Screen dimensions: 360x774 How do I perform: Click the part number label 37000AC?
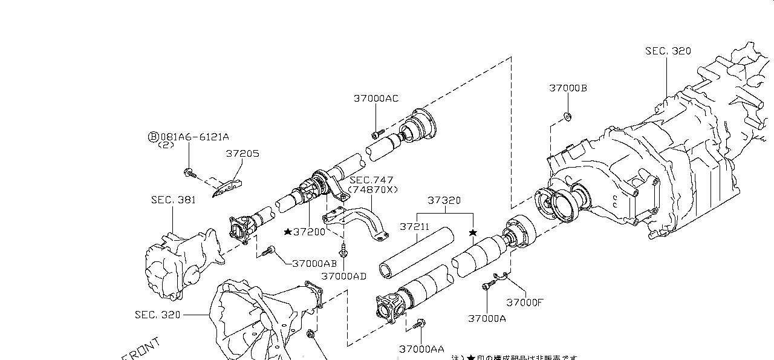[376, 99]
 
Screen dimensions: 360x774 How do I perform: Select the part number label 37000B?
[568, 88]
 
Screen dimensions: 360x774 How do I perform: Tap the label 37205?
[242, 154]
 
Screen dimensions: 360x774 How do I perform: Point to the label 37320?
[444, 200]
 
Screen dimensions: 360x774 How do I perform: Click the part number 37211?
[414, 227]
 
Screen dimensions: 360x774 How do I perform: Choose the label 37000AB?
[314, 263]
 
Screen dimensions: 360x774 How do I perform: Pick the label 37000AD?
[343, 276]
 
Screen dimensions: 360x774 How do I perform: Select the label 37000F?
[525, 303]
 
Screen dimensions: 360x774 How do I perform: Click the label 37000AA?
[421, 349]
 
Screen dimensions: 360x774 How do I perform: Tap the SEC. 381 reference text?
[173, 200]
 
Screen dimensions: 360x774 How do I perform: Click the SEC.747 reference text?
[371, 180]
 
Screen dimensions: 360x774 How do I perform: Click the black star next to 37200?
[288, 232]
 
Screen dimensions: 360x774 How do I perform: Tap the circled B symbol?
[153, 137]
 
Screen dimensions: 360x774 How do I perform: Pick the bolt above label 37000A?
[486, 287]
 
